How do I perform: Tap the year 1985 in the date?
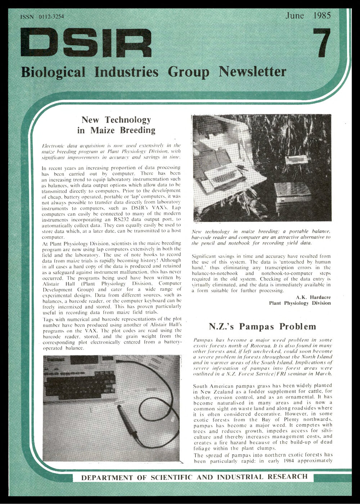[322, 16]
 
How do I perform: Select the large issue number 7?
[321, 42]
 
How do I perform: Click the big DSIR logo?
[86, 43]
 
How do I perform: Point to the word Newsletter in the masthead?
[252, 72]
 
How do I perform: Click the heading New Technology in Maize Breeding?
[116, 125]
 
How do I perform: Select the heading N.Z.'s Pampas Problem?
[262, 327]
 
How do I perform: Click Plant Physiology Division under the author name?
[300, 303]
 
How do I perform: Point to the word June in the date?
[294, 16]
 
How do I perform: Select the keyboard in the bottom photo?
[79, 381]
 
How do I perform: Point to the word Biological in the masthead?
[53, 72]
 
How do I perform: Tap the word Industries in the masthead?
[126, 72]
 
